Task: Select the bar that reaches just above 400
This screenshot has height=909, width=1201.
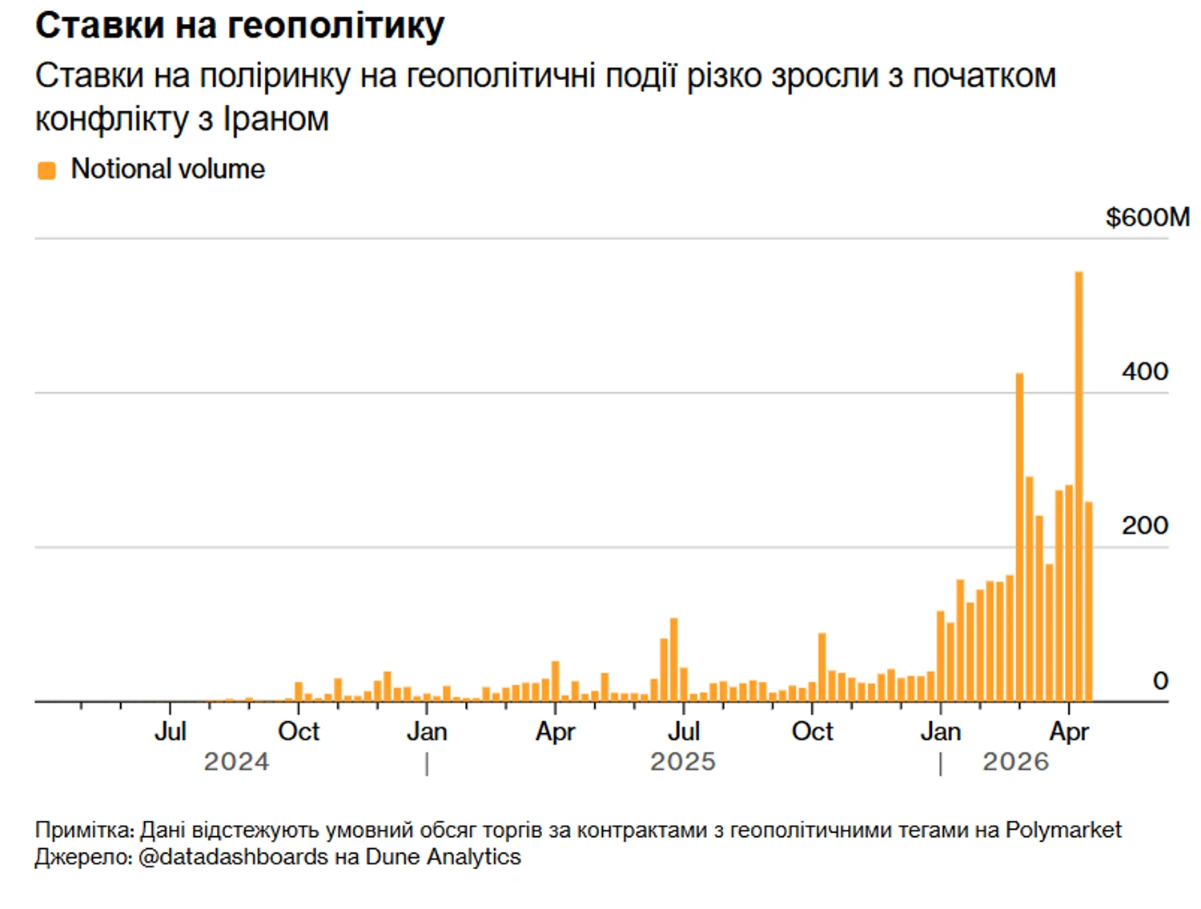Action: point(1019,536)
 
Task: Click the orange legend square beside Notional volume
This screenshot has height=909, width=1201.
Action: point(47,170)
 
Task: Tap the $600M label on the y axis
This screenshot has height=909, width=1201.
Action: point(1147,217)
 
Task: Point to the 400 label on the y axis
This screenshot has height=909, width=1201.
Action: point(1144,371)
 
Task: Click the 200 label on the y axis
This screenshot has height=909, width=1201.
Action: point(1144,526)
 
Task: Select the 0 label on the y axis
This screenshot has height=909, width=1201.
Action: point(1159,681)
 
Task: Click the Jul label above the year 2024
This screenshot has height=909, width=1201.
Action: point(171,731)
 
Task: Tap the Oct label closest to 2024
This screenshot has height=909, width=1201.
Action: point(299,731)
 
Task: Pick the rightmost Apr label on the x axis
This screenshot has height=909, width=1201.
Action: point(1069,731)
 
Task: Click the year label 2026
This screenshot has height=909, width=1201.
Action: point(1015,762)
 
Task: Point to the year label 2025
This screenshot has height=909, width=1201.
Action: point(682,762)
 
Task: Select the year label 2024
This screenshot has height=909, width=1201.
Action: point(236,762)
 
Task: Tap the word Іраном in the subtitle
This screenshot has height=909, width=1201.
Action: point(276,119)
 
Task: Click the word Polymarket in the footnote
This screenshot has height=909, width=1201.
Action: point(1063,830)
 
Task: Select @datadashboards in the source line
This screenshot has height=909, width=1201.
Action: point(233,857)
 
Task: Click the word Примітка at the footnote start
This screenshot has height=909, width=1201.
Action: point(83,830)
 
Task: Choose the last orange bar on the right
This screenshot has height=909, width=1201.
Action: point(1089,602)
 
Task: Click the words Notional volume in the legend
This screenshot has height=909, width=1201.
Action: point(168,170)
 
